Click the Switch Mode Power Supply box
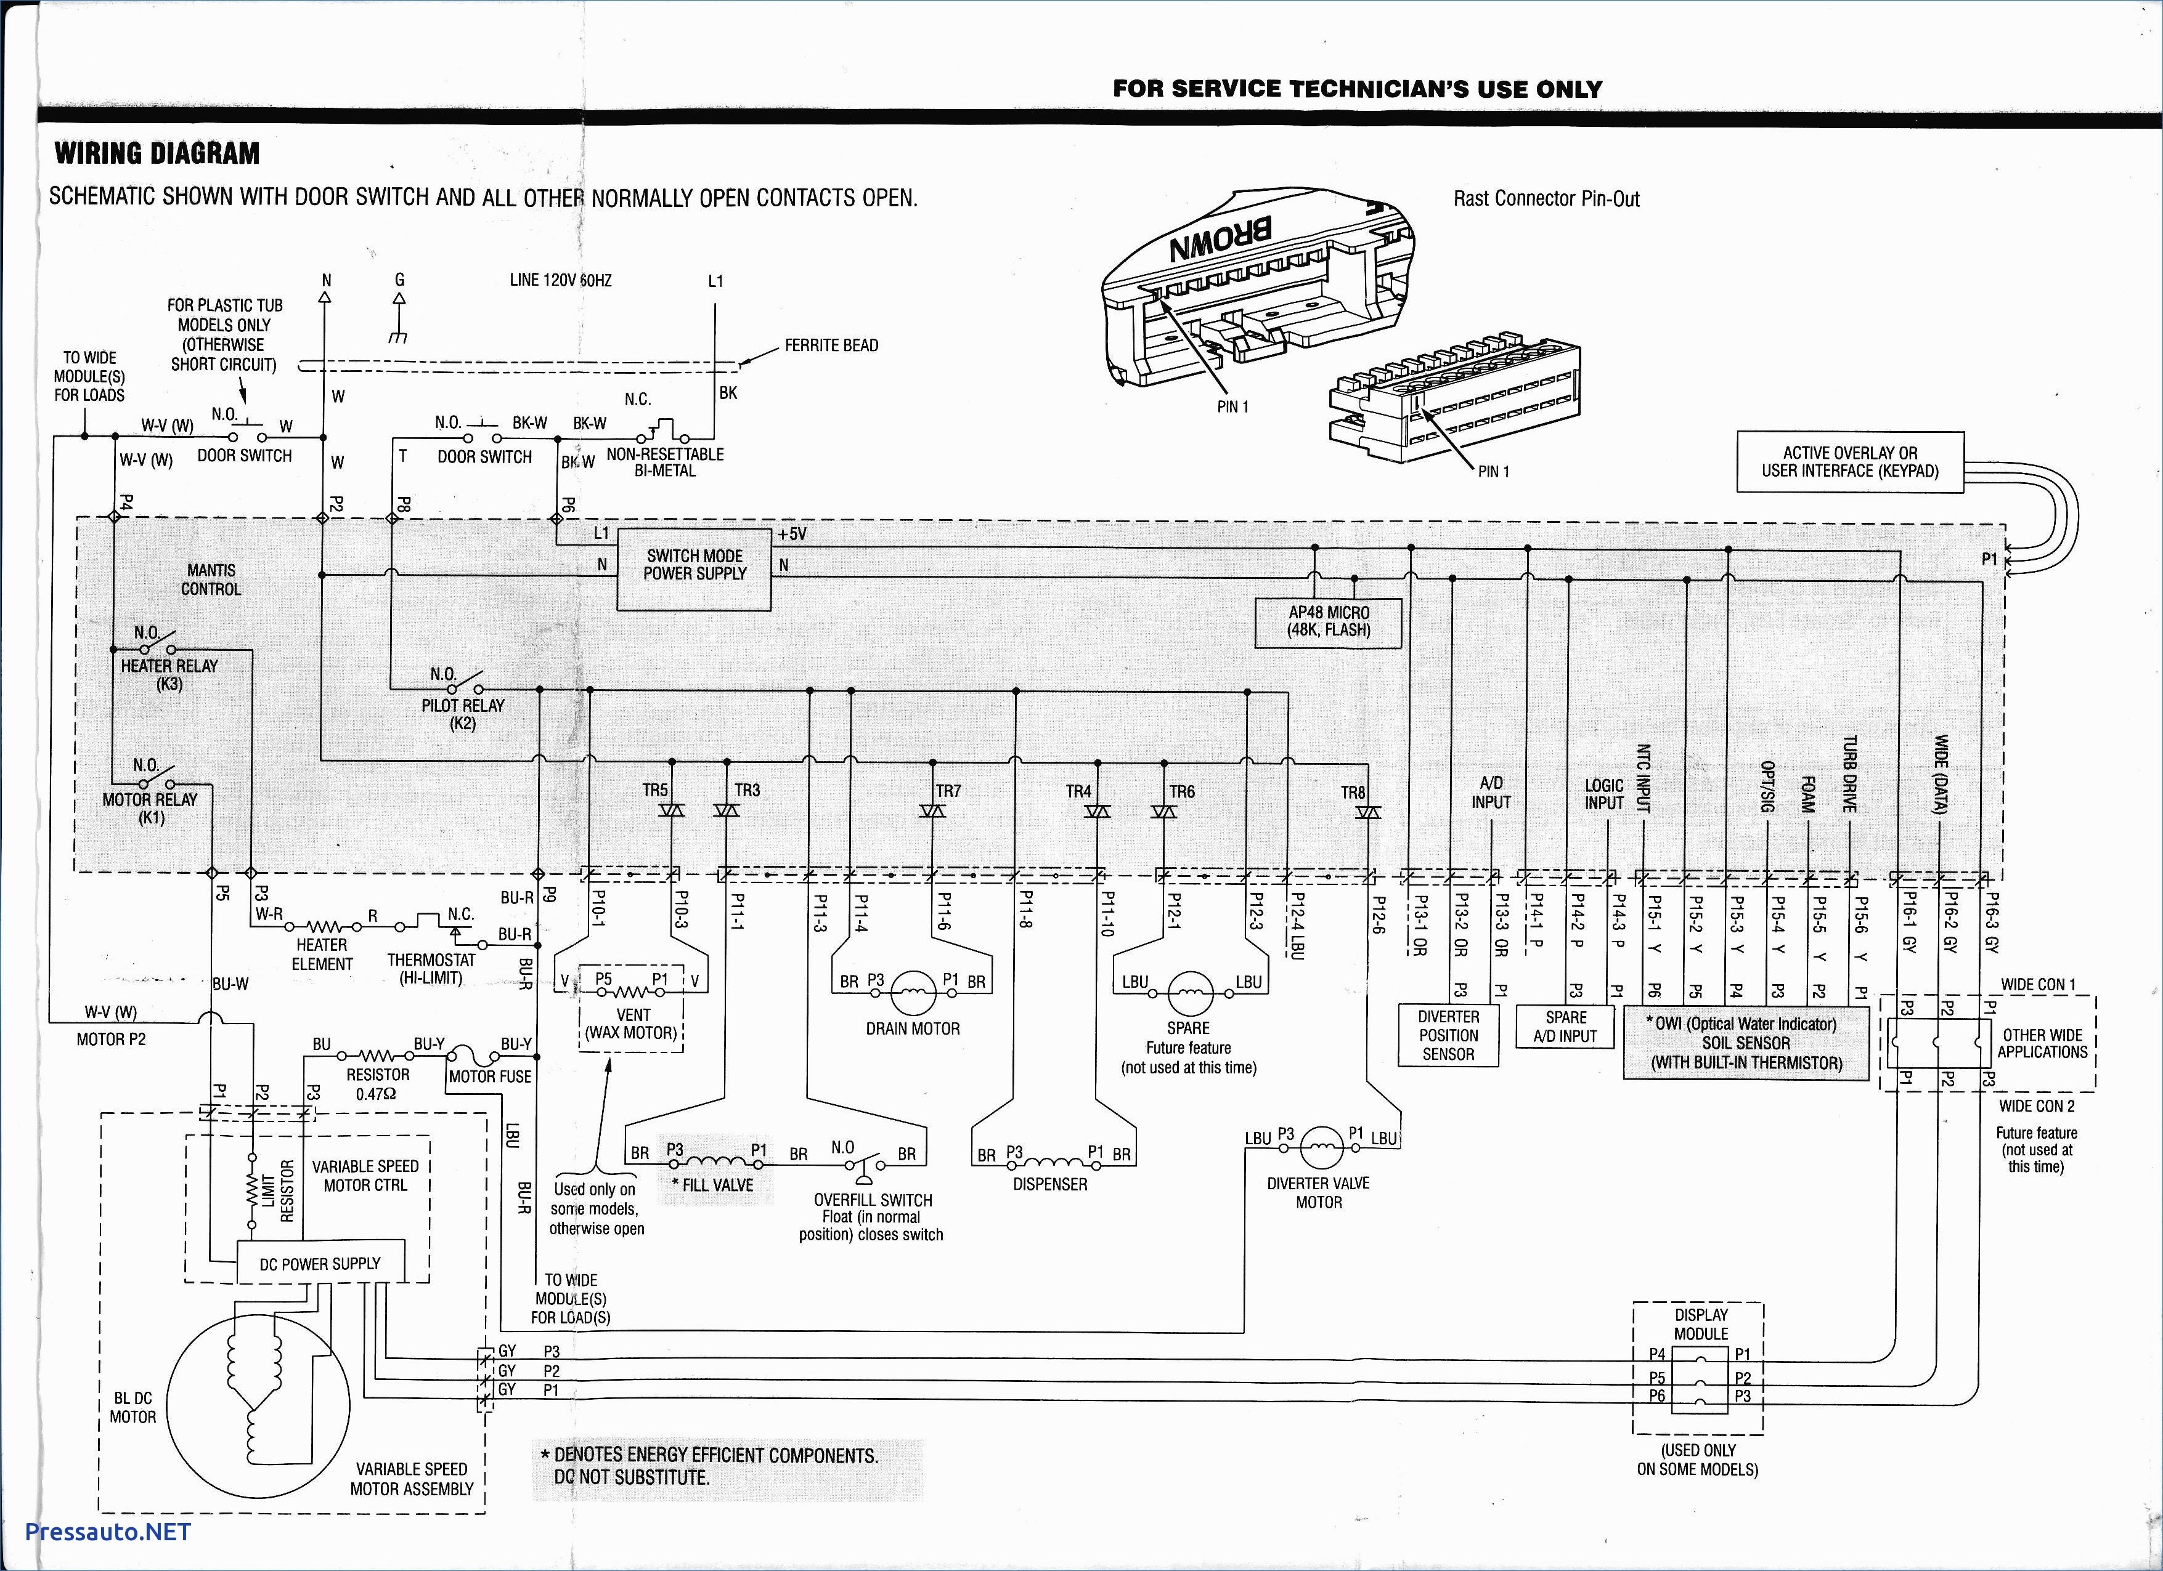(x=695, y=570)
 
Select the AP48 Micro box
(x=1329, y=623)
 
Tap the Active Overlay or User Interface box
(x=1850, y=462)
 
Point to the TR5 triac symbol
(x=672, y=810)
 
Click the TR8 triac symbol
(x=1369, y=812)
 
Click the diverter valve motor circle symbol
(x=1321, y=1148)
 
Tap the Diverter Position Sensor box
(x=1448, y=1035)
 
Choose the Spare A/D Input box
(x=1565, y=1027)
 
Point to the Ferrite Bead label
(x=832, y=345)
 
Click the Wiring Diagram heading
(x=157, y=153)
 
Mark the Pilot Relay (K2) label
(x=463, y=714)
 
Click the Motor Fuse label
(x=490, y=1076)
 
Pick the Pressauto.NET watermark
(x=108, y=1531)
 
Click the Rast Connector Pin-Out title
(x=1546, y=200)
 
